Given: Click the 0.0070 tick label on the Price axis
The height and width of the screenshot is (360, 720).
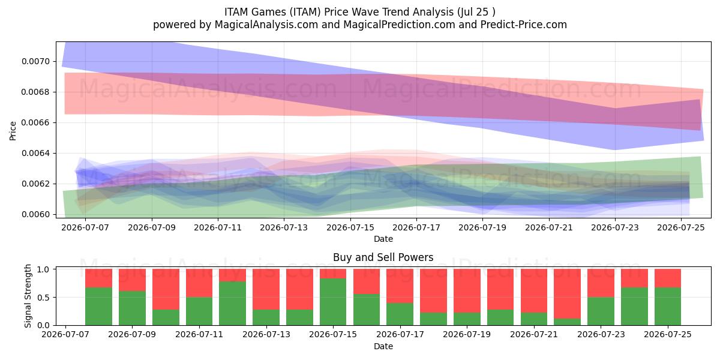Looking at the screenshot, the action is pyautogui.click(x=35, y=61).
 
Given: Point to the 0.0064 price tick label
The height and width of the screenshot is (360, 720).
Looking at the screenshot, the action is pyautogui.click(x=35, y=154).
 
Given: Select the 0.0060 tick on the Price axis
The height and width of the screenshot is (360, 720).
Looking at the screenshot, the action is pyautogui.click(x=35, y=214).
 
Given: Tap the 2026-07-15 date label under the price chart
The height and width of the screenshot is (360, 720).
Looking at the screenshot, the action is pyautogui.click(x=350, y=227).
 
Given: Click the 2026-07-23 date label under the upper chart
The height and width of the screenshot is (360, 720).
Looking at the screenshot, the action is pyautogui.click(x=615, y=227).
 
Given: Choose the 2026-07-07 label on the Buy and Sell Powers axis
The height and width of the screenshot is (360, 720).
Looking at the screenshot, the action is pyautogui.click(x=65, y=334).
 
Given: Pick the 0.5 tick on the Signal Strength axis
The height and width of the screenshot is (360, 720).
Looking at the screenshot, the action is pyautogui.click(x=43, y=298).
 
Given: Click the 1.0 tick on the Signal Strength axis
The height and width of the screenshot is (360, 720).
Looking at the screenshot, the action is pyautogui.click(x=43, y=269).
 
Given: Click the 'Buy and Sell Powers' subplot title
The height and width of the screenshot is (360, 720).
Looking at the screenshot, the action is pyautogui.click(x=383, y=257).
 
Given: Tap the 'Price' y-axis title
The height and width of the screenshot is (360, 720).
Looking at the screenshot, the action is pyautogui.click(x=13, y=131).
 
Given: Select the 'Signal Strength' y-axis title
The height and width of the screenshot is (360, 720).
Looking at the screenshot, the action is pyautogui.click(x=28, y=296).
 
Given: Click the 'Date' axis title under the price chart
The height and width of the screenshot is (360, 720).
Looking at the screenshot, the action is pyautogui.click(x=383, y=239).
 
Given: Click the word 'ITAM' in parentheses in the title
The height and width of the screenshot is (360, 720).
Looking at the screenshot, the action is pyautogui.click(x=305, y=12).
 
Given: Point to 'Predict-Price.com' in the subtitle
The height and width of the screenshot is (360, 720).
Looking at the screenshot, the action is pyautogui.click(x=524, y=25).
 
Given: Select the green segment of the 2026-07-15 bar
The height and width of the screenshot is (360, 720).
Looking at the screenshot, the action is pyautogui.click(x=333, y=302).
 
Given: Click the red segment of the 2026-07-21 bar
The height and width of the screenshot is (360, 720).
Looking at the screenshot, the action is pyautogui.click(x=534, y=291).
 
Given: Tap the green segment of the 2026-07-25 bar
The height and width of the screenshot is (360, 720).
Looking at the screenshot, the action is pyautogui.click(x=668, y=307).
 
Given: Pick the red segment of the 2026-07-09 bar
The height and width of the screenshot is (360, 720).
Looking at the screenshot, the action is pyautogui.click(x=132, y=280).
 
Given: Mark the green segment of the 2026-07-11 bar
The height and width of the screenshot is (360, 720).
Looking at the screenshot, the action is pyautogui.click(x=199, y=311).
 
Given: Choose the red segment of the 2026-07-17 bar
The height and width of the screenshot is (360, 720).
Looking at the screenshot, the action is pyautogui.click(x=400, y=286).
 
